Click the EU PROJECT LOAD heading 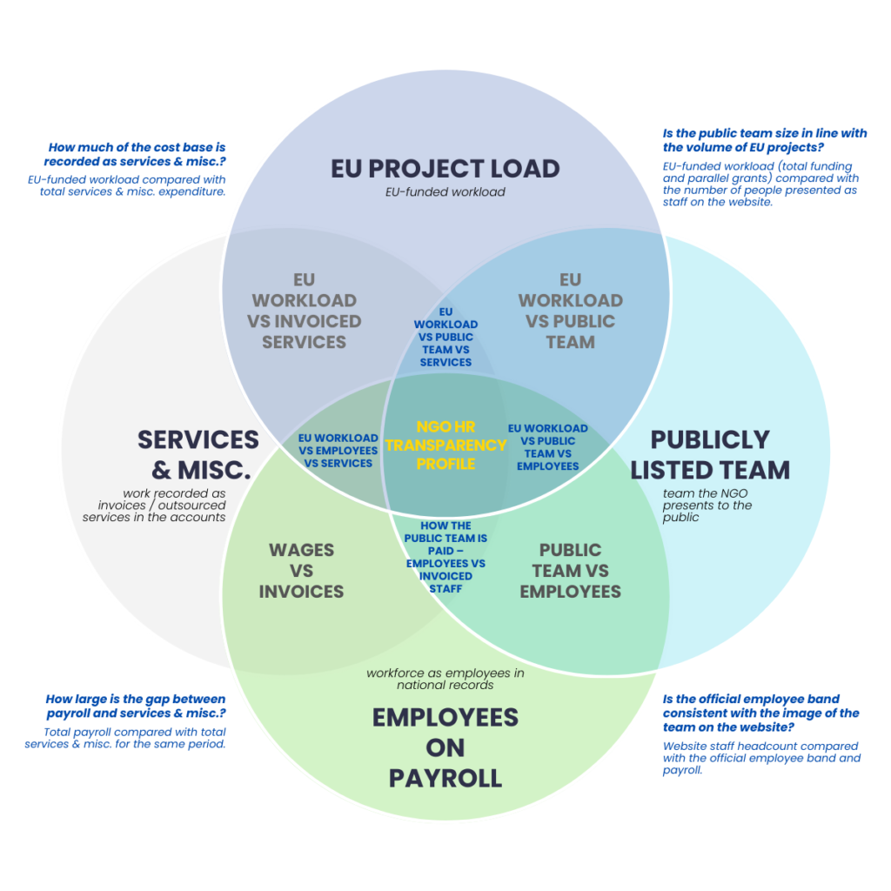pos(445,168)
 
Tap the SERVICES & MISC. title pos(198,454)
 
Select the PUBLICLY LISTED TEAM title pos(710,454)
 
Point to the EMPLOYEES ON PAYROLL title pos(445,747)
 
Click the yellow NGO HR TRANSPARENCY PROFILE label pos(445,445)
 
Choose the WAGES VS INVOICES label pos(301,571)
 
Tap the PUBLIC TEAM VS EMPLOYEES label pos(570,571)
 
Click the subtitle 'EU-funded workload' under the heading pos(445,191)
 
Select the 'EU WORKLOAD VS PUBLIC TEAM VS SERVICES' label pos(445,337)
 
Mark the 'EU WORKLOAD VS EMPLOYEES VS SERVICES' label pos(338,451)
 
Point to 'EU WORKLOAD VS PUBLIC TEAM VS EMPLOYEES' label pos(547,446)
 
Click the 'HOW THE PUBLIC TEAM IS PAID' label pos(445,557)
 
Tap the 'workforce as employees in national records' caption pos(445,679)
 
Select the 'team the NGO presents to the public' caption pos(707,506)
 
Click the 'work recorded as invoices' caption pos(154,506)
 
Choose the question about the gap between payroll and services pos(135,706)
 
